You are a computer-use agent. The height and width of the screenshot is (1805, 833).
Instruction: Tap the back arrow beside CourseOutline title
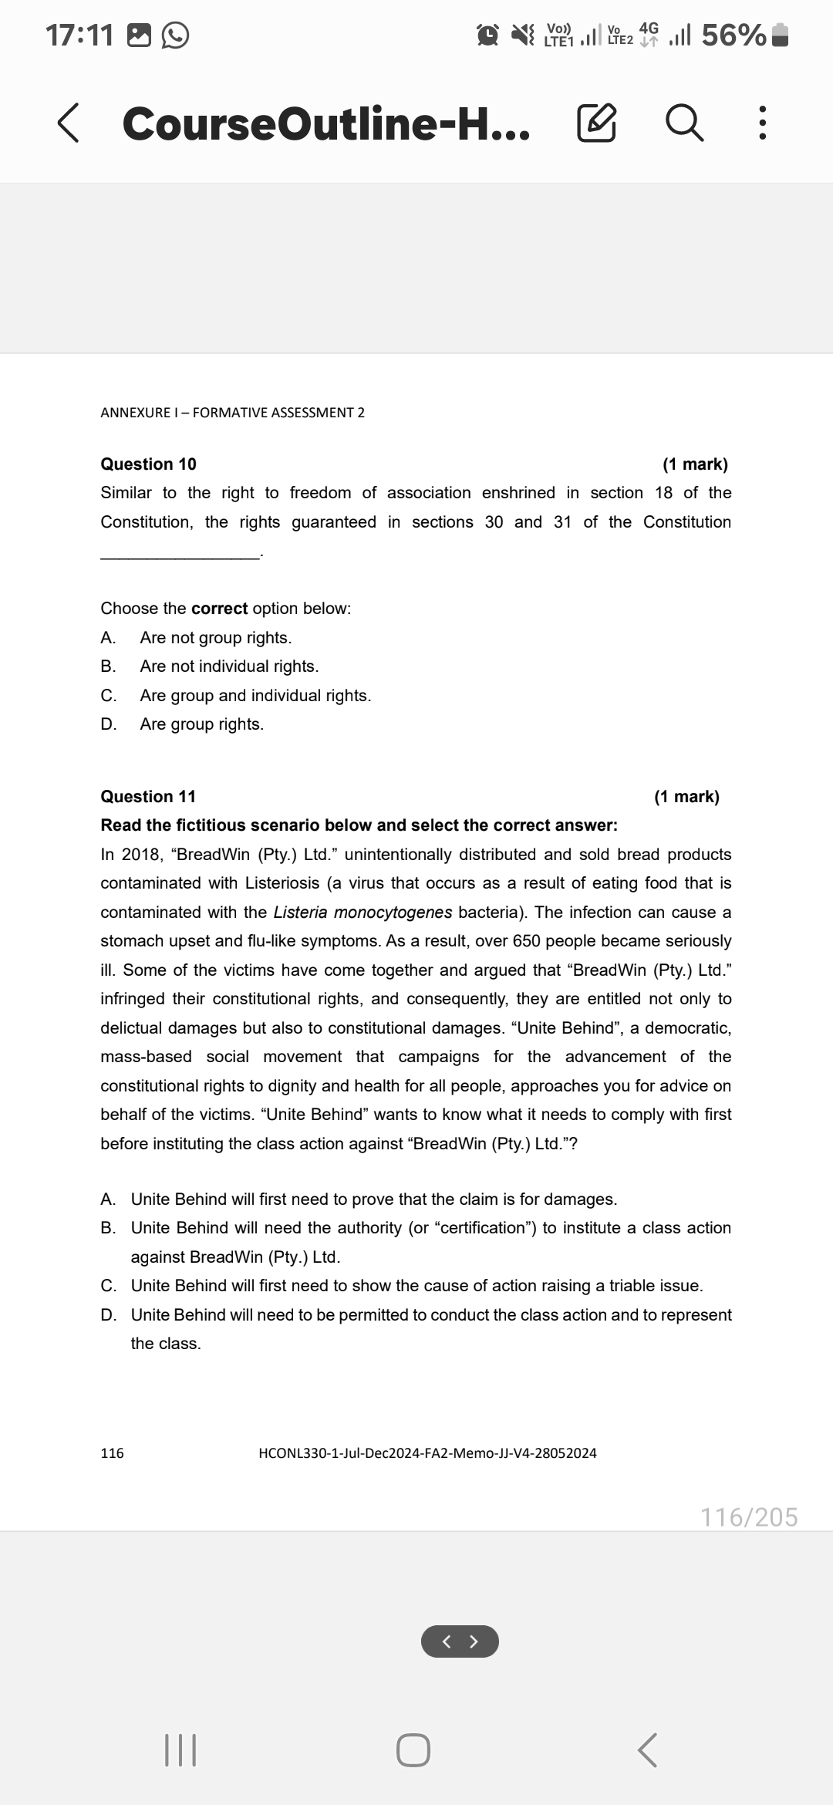point(68,124)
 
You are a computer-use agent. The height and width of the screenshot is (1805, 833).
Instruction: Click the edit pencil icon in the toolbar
point(596,124)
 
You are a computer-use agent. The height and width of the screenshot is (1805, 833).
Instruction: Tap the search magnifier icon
point(684,124)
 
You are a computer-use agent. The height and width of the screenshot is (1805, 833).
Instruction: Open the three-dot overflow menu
point(761,124)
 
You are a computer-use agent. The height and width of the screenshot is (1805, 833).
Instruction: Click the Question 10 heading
point(148,464)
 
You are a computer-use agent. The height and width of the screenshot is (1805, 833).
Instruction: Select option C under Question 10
point(255,696)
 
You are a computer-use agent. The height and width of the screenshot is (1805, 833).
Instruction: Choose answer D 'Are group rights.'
point(201,724)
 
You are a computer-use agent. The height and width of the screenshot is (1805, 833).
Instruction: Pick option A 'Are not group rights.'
point(215,638)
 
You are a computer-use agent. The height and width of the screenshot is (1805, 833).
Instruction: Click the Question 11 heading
point(148,797)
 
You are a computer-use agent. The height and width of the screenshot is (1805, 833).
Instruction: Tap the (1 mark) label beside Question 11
point(686,797)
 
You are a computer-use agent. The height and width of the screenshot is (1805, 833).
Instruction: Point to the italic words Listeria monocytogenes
point(363,913)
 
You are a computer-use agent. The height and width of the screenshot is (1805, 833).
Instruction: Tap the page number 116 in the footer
point(113,1453)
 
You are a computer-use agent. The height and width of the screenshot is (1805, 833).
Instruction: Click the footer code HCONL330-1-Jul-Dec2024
point(427,1453)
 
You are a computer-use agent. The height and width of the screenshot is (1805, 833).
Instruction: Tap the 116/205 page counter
point(748,1517)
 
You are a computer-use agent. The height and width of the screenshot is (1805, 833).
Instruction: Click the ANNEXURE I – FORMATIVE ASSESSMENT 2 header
point(232,413)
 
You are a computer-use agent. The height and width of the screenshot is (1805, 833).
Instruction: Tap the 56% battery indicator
point(733,35)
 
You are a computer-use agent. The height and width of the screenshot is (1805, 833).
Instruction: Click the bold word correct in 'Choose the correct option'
point(219,609)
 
